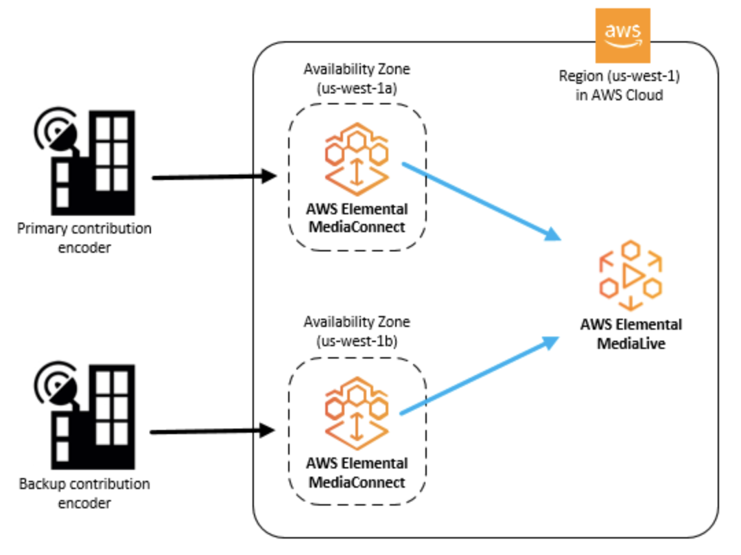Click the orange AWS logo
tap(622, 35)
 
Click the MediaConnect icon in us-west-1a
tap(356, 158)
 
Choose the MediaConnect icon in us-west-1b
tap(356, 411)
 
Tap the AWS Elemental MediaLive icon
tap(631, 274)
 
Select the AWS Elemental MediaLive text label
tap(631, 333)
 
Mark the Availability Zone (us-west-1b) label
tap(357, 331)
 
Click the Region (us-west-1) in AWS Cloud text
tap(619, 86)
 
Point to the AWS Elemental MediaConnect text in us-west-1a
tap(357, 218)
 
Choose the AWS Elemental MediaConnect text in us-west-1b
tap(357, 472)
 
